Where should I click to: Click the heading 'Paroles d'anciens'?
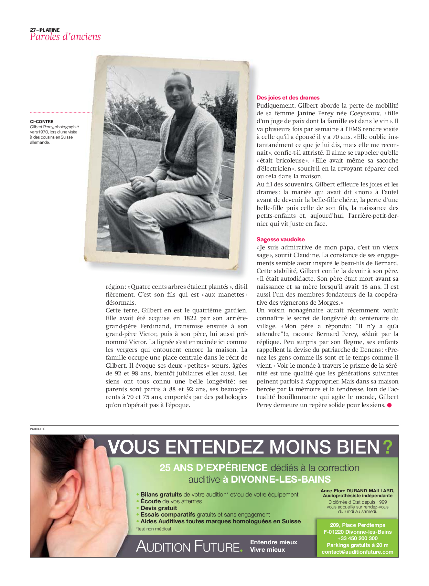click(x=65, y=37)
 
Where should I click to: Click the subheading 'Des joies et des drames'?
click(x=288, y=98)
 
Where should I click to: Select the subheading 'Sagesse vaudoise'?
click(x=281, y=239)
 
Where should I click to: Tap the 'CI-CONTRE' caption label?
click(x=42, y=121)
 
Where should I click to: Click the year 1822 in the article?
click(x=190, y=318)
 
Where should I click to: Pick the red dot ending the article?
click(x=390, y=405)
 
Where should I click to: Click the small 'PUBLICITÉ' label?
click(x=37, y=429)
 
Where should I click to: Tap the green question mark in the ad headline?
click(x=387, y=447)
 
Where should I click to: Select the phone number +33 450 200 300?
click(x=357, y=538)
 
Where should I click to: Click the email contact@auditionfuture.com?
click(x=357, y=552)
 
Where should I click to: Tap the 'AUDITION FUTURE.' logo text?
click(x=189, y=546)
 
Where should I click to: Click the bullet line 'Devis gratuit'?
click(x=159, y=508)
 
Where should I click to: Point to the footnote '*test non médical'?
click(x=154, y=529)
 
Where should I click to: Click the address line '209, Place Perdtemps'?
click(x=357, y=525)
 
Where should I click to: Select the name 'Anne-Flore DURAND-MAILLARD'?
click(x=357, y=491)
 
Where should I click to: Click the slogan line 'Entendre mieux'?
click(x=273, y=542)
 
